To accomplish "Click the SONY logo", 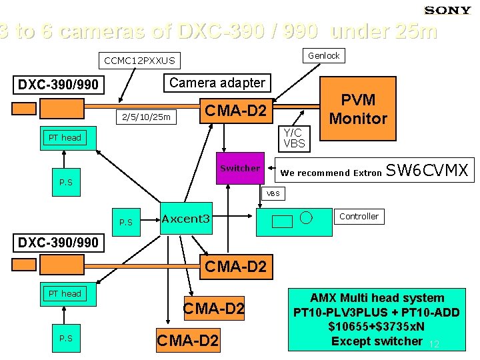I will point(448,10).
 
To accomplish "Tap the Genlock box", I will point(324,56).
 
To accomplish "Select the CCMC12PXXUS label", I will point(140,61).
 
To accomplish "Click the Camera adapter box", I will point(217,83).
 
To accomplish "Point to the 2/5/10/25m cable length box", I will point(143,117).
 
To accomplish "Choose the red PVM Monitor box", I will point(358,109).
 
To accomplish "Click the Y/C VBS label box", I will point(294,138).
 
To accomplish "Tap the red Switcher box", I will point(240,169).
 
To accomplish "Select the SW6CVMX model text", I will point(427,171).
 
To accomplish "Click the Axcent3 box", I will point(186,219).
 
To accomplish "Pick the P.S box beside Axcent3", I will point(126,222).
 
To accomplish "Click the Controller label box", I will point(359,217).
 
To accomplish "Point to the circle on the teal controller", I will point(306,217).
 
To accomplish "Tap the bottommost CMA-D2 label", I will point(187,341).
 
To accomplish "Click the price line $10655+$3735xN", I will point(377,327).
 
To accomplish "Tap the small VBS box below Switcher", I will point(274,194).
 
